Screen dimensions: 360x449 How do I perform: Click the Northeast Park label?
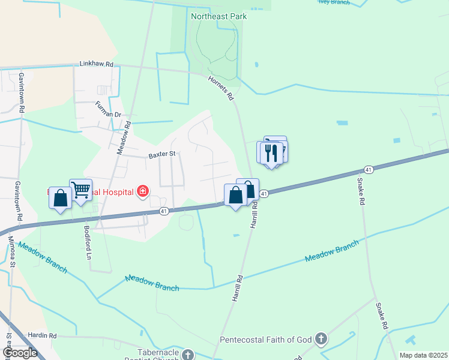(218, 16)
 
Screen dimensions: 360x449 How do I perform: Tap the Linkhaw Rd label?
(97, 63)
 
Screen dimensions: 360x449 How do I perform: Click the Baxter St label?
(161, 154)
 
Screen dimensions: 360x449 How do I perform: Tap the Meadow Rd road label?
(124, 139)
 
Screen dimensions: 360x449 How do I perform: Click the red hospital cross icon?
(143, 192)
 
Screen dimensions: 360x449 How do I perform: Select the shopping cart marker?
(80, 190)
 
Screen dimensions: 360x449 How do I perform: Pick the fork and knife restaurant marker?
(271, 152)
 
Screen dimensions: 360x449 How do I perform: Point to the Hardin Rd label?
(42, 335)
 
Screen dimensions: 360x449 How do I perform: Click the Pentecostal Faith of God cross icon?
(321, 340)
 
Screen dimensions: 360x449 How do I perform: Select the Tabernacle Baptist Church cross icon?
(188, 355)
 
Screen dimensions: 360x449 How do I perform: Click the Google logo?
(20, 353)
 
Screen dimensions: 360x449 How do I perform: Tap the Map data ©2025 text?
(423, 355)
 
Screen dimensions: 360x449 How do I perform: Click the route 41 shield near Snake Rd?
(369, 170)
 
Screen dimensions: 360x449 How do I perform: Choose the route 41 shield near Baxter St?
(164, 211)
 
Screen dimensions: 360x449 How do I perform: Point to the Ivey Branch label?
(334, 2)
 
